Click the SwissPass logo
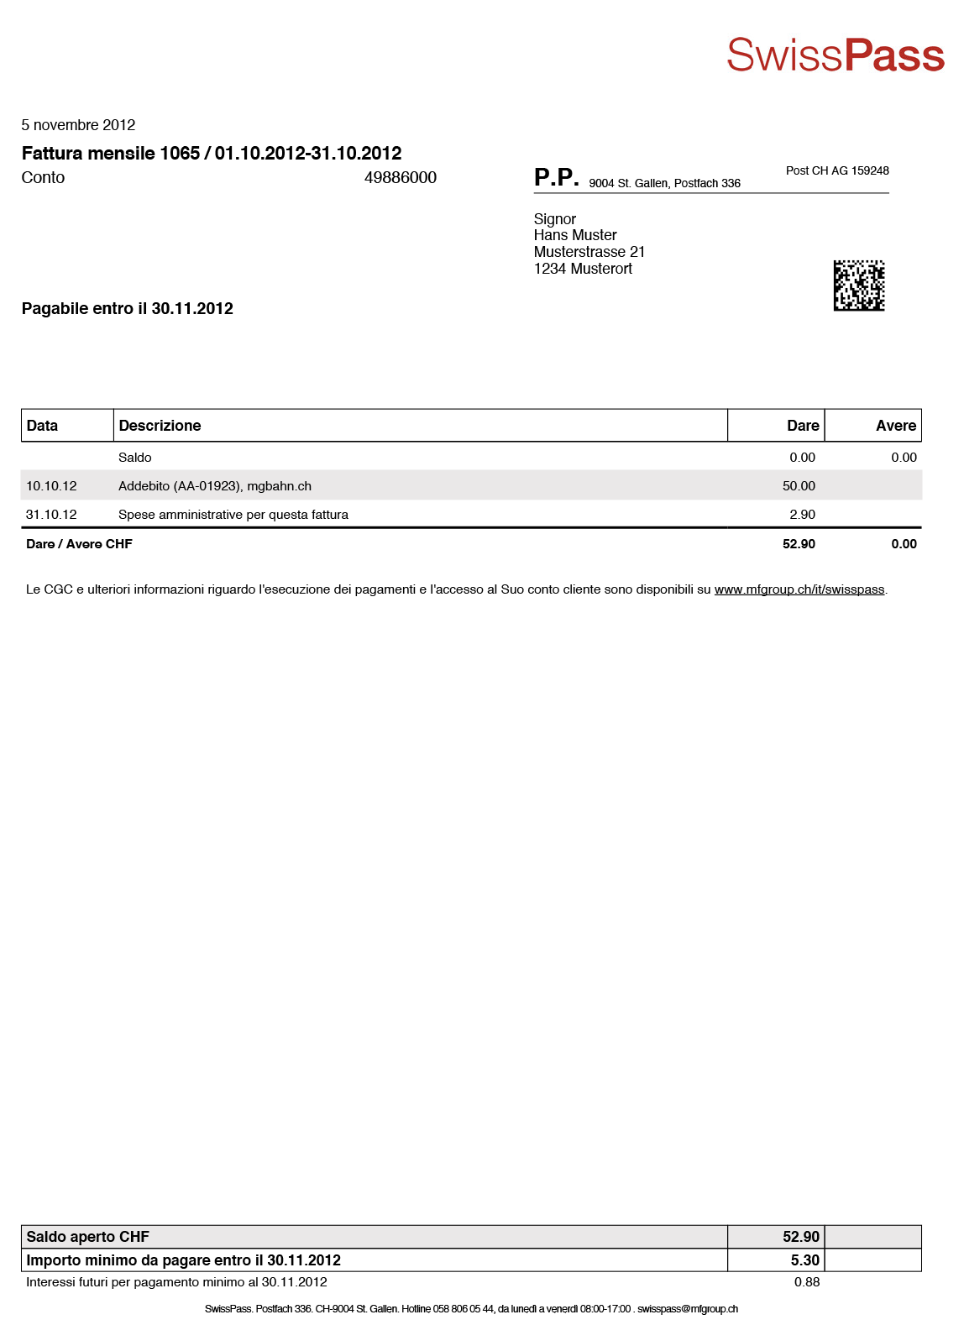pos(835,55)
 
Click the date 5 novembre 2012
pos(78,125)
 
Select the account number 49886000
pos(400,177)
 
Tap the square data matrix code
pos(858,285)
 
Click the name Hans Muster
pos(575,235)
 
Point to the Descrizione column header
pos(160,426)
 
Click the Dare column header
pos(802,426)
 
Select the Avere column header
pos(895,426)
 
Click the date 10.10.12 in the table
pos(51,486)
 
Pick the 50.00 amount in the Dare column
pos(799,486)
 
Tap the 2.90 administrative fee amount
pos(802,515)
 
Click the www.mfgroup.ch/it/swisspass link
pos(799,589)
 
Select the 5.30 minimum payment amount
pos(804,1260)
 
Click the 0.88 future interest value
pos(806,1282)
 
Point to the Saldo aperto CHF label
pos(87,1237)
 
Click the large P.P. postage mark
pos(556,177)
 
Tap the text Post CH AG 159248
pos(836,170)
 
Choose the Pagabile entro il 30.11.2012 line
pos(128,308)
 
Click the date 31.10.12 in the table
pos(51,515)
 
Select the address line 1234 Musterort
pos(583,269)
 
